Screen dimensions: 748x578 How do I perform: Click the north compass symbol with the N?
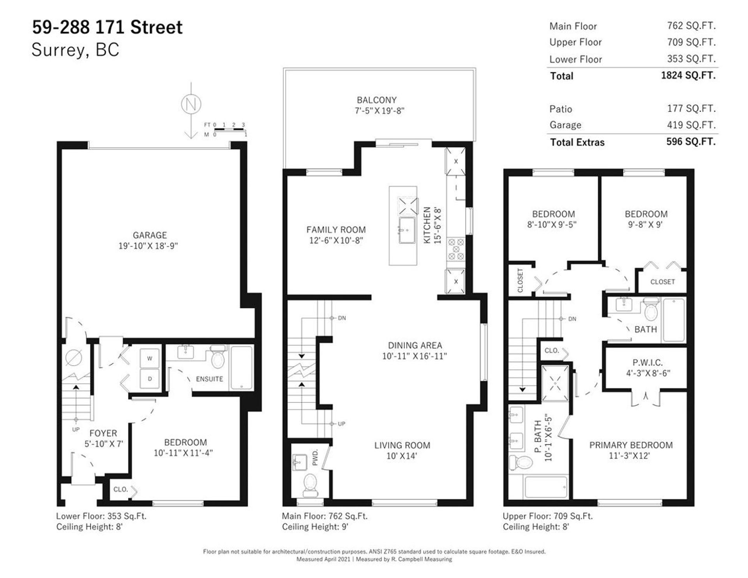191,104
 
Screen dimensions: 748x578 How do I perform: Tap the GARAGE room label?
150,235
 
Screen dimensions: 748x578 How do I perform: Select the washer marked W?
150,358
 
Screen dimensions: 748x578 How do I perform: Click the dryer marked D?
150,379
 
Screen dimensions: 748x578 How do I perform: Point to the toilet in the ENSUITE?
218,358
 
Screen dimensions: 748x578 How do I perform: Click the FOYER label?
103,433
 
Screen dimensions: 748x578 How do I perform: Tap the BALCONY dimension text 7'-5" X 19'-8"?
379,111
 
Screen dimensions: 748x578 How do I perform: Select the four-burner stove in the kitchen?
455,249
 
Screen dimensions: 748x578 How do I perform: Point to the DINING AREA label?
415,345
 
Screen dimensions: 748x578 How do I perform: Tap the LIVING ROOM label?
402,445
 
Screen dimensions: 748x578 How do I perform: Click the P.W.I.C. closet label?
648,363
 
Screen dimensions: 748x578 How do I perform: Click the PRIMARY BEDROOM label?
631,445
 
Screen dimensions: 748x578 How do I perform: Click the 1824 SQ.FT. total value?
688,75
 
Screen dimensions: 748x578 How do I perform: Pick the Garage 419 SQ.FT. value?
692,125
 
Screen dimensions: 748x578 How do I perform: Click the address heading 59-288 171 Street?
107,27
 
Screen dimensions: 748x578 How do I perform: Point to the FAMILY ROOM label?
336,230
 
